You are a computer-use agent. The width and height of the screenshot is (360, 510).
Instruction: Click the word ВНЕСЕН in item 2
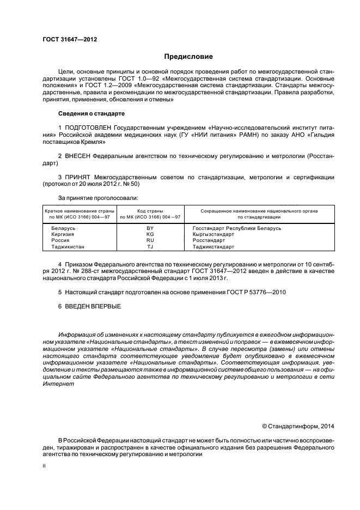pos(77,156)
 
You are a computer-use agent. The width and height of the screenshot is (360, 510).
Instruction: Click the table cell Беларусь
pos(63,228)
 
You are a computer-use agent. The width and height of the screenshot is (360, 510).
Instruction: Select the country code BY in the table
pos(150,228)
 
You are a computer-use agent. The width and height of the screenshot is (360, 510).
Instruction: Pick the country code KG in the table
pos(150,234)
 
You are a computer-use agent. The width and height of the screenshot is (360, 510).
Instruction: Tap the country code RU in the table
pos(150,240)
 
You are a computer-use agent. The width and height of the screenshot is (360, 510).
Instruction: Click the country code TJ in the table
pos(150,247)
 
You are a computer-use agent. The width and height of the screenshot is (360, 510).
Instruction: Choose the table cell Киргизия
pos(63,234)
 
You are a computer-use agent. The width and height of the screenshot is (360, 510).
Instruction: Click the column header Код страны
pos(150,210)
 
